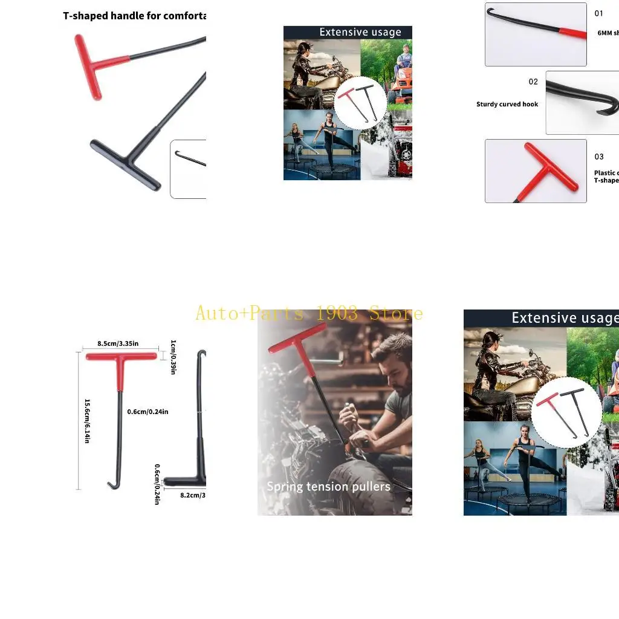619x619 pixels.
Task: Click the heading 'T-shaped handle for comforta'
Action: pyautogui.click(x=134, y=16)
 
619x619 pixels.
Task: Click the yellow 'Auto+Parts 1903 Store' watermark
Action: pyautogui.click(x=309, y=313)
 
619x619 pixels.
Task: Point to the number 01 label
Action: pyautogui.click(x=599, y=13)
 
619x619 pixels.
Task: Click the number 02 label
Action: pyautogui.click(x=533, y=82)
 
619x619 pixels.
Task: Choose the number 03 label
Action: pyautogui.click(x=599, y=157)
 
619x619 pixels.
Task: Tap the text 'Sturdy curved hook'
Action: pyautogui.click(x=507, y=105)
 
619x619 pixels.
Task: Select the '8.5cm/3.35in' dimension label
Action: pyautogui.click(x=118, y=344)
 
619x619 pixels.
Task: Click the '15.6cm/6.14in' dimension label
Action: pyautogui.click(x=87, y=421)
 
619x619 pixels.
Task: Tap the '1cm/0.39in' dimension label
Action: pyautogui.click(x=172, y=357)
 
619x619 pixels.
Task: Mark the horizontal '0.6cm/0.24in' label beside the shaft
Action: pyautogui.click(x=147, y=412)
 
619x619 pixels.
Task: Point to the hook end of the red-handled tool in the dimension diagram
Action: pyautogui.click(x=112, y=484)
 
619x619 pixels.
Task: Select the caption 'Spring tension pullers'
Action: pyautogui.click(x=328, y=487)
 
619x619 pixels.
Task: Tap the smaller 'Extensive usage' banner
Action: pyautogui.click(x=360, y=33)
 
